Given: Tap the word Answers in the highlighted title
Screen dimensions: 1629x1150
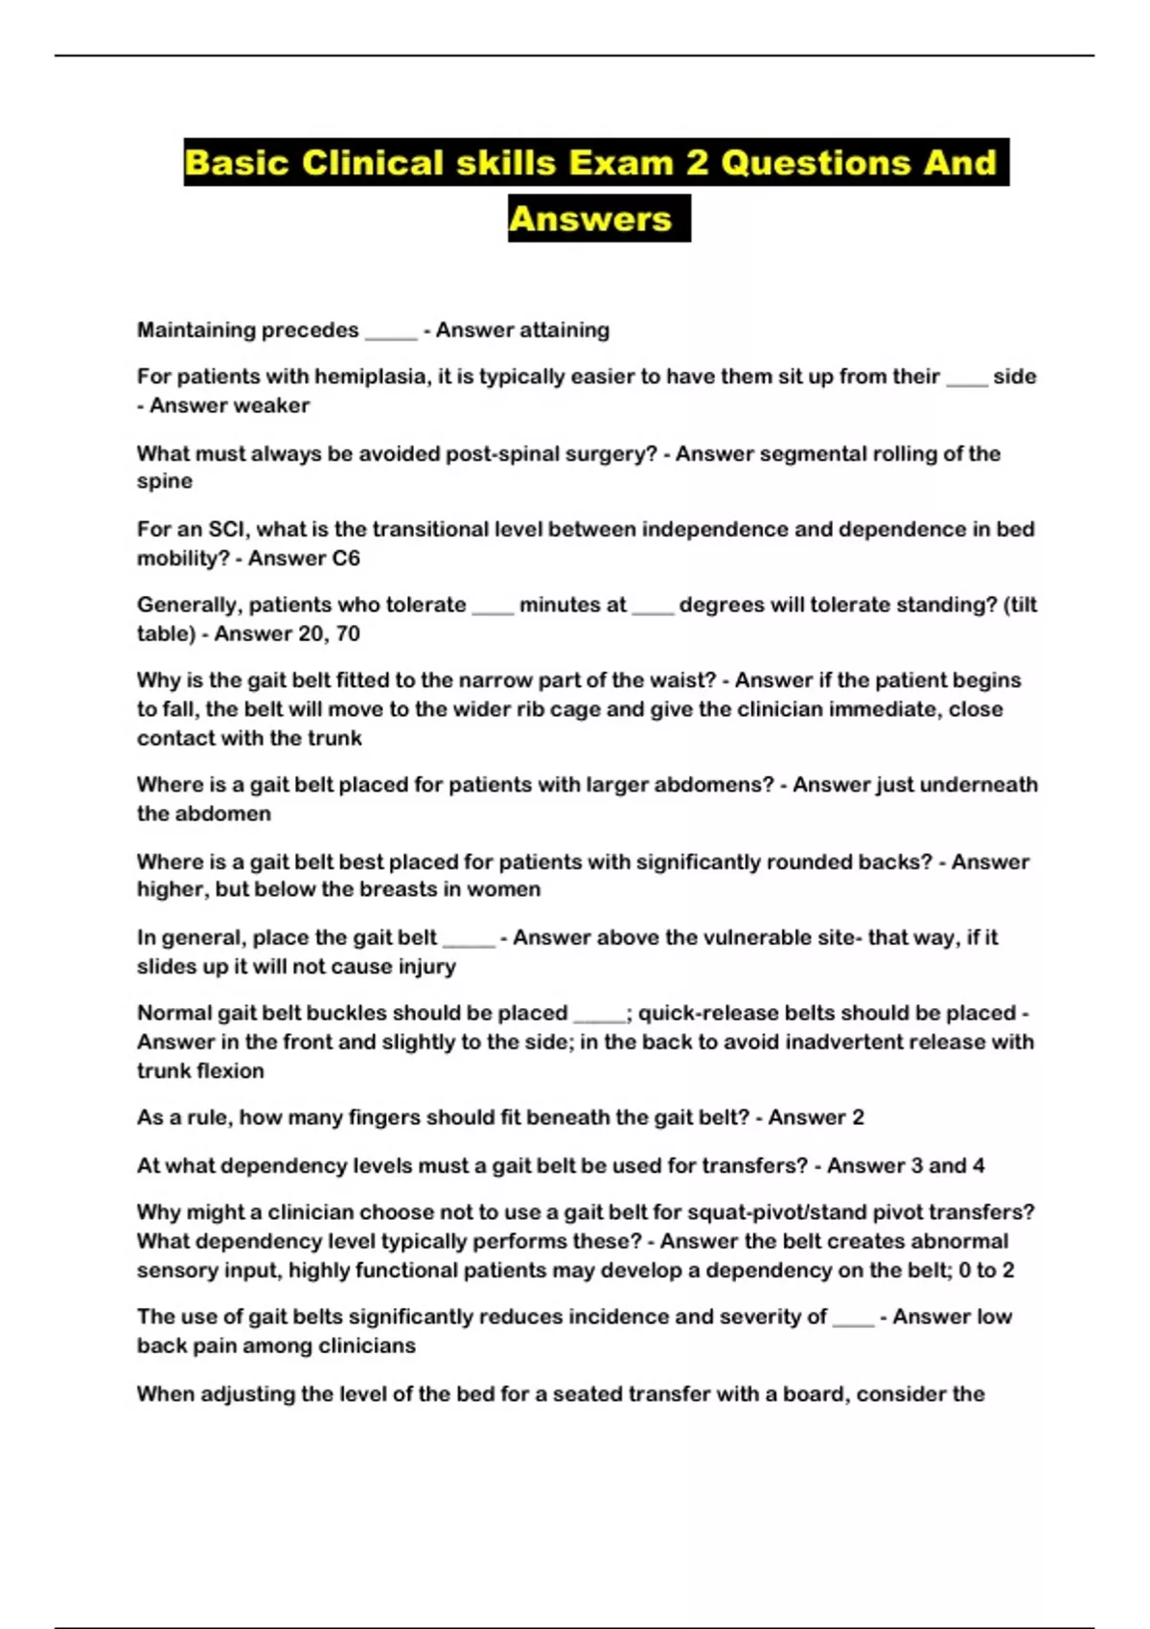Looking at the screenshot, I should click(x=590, y=218).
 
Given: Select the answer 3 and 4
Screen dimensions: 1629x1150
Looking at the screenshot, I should click(x=931, y=1165).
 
